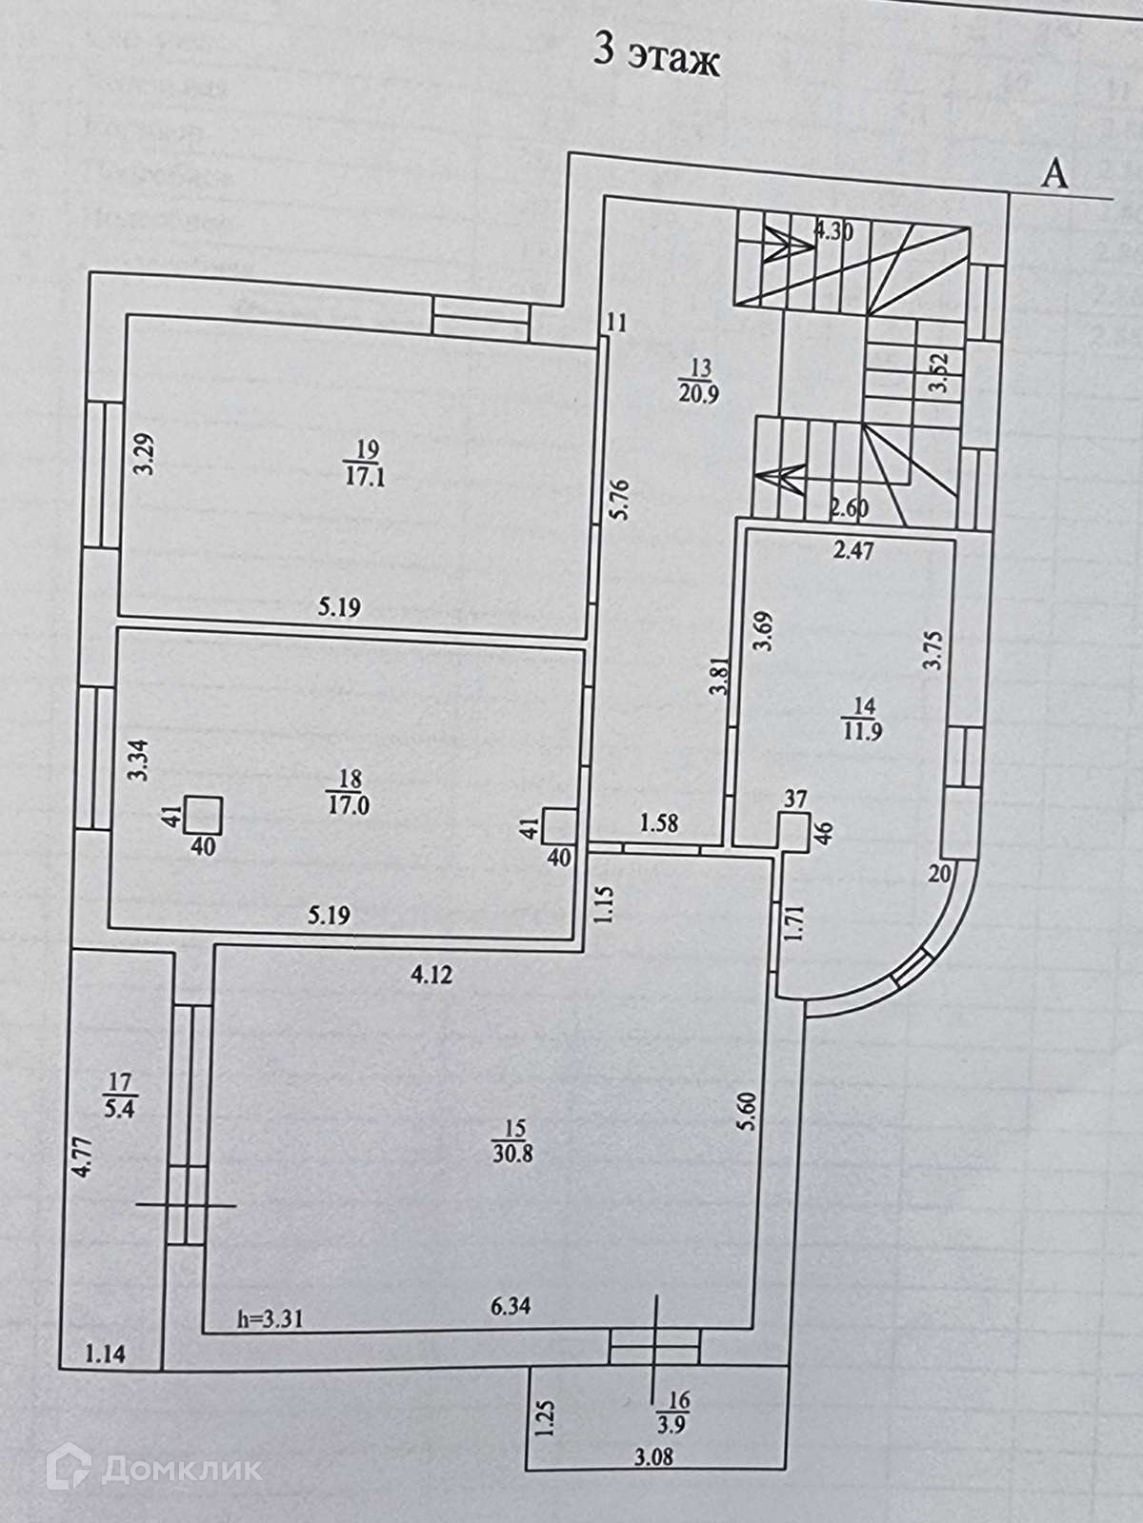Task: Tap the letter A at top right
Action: click(1054, 173)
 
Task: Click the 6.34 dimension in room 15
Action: click(510, 1308)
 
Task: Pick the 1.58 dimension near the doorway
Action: click(659, 822)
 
